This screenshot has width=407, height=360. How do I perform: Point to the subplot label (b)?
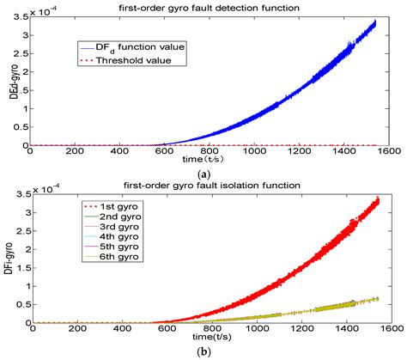[215, 353]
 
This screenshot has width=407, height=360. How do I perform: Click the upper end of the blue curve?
[374, 22]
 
